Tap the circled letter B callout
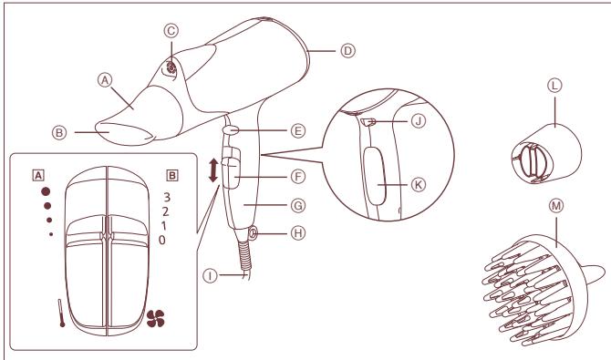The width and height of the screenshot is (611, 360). pyautogui.click(x=61, y=131)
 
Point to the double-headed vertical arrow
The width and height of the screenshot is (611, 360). pyautogui.click(x=214, y=172)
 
